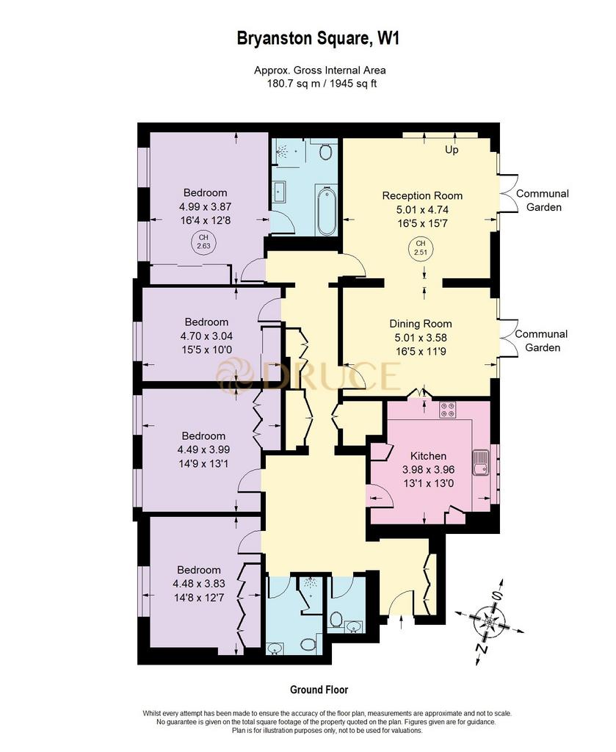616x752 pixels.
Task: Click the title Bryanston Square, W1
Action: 318,38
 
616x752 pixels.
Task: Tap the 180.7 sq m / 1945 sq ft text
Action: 321,84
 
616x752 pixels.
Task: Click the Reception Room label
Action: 422,195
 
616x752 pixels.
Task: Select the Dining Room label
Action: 421,324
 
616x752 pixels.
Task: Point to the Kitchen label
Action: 428,456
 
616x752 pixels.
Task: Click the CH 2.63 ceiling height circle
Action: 203,242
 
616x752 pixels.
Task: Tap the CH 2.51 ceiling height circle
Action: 421,248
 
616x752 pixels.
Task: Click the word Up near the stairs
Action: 452,150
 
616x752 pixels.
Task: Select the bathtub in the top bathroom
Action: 327,211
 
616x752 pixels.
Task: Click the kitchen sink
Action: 480,463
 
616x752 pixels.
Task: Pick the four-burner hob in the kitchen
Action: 448,409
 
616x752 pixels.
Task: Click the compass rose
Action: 489,622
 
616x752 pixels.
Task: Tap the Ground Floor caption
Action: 319,690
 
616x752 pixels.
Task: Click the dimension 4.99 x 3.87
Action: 205,206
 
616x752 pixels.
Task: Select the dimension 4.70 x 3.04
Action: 206,336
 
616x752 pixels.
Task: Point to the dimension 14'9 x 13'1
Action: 203,464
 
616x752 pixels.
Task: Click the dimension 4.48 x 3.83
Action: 199,584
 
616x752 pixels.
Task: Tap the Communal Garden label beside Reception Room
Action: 543,200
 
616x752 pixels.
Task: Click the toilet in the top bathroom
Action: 326,152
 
